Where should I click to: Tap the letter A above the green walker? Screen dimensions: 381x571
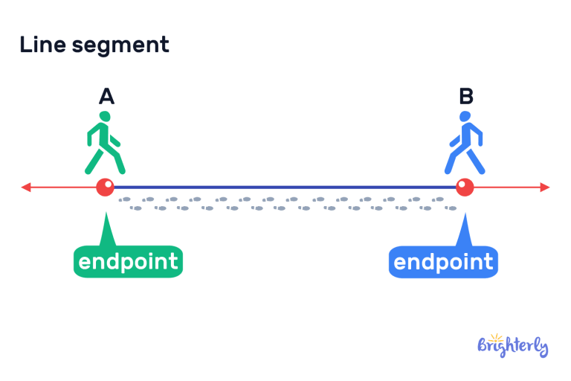point(106,96)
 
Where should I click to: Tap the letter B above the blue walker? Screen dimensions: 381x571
point(466,96)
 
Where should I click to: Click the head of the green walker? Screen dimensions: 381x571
point(105,117)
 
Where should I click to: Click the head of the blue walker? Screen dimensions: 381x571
point(465,117)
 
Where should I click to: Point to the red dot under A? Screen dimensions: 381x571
point(105,187)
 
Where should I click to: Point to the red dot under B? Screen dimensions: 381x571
point(465,187)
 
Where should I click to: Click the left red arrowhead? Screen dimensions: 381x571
point(26,187)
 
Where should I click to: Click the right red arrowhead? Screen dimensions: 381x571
point(545,187)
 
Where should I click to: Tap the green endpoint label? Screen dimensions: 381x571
point(128,261)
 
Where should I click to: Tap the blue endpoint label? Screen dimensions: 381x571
point(443,261)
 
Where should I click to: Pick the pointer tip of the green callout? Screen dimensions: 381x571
point(106,217)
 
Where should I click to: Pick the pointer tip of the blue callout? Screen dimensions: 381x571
point(465,217)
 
